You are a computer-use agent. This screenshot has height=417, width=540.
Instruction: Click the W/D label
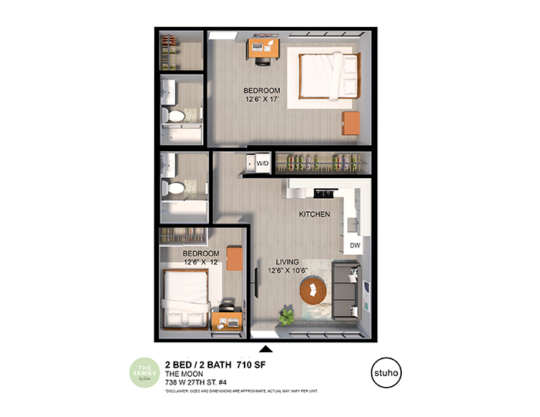(262, 163)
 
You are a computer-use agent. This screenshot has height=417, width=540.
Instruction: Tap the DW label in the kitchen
(355, 245)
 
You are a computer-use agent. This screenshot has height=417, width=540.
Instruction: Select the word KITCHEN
(315, 214)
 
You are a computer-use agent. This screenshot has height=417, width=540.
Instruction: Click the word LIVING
(282, 262)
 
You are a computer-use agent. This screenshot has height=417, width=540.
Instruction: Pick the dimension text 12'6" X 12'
(202, 262)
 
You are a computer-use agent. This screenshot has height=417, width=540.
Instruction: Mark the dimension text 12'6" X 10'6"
(288, 271)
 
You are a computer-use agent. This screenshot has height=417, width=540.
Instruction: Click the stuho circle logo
(386, 368)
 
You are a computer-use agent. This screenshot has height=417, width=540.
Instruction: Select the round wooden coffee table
(314, 291)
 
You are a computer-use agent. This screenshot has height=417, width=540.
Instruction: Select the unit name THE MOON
(184, 374)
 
